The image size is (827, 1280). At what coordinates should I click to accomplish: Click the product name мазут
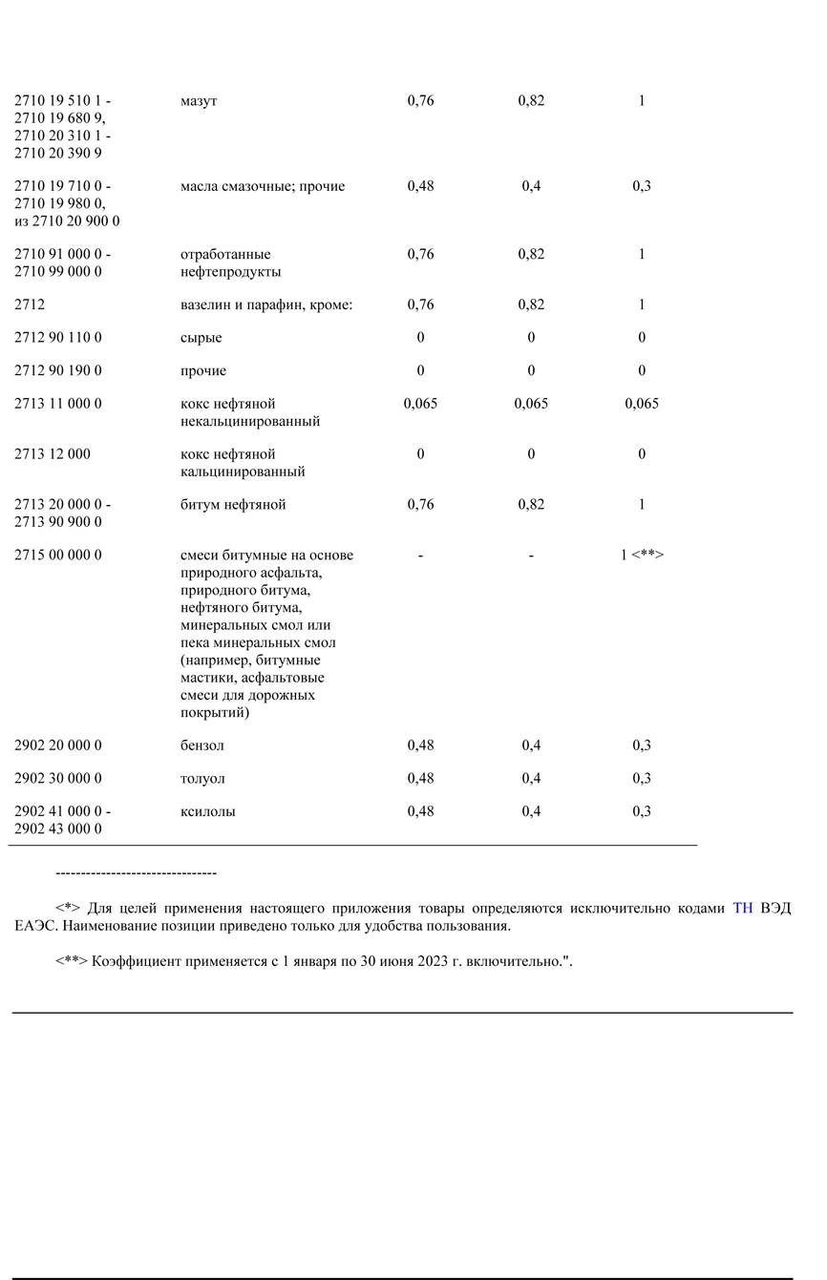[199, 101]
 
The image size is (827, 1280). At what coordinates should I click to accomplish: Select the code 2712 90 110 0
[58, 338]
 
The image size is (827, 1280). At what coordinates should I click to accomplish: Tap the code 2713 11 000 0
[58, 404]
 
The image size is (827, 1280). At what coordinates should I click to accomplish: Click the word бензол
[202, 745]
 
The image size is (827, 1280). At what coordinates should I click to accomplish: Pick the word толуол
[202, 779]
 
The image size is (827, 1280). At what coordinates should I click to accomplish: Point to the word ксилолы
[208, 812]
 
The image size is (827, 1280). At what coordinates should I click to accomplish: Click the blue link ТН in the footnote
[743, 909]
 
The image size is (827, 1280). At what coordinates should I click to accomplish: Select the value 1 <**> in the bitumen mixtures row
[642, 555]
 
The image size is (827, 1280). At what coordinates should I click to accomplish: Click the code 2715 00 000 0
[58, 556]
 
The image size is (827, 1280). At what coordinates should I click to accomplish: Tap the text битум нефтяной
[233, 505]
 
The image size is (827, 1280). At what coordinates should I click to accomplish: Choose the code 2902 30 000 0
[58, 779]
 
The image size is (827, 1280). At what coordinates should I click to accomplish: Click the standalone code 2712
[30, 304]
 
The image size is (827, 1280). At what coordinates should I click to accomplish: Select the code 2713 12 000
[53, 454]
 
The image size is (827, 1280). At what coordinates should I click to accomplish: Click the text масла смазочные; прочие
[263, 187]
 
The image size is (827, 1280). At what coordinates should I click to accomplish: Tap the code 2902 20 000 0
[58, 745]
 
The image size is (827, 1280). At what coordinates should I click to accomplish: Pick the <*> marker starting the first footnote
[67, 909]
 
